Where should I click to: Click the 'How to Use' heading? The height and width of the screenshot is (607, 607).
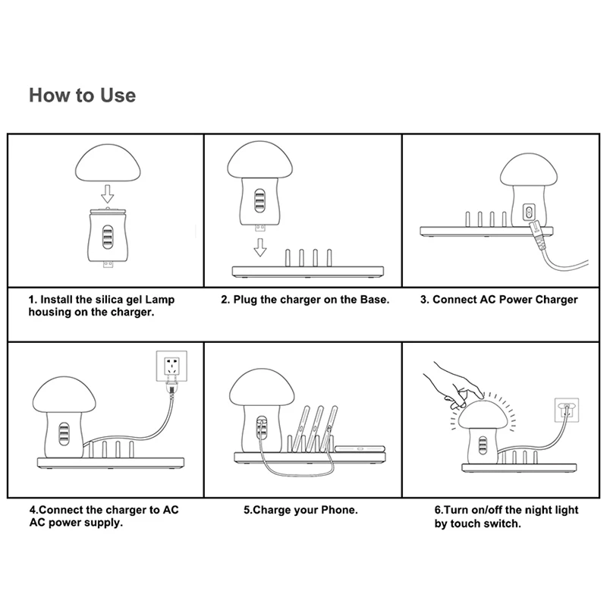point(83,96)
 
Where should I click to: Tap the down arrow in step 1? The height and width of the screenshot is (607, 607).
point(107,193)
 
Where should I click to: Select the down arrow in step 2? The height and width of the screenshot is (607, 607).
point(259,247)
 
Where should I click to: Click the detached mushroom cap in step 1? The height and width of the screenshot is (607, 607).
point(108,162)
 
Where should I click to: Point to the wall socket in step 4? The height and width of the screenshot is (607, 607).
point(171,366)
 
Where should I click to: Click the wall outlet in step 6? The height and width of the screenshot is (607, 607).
point(567,410)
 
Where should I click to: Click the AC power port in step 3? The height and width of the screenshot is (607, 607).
point(528,212)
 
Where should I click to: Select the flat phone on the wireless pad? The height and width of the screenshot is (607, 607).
point(360,448)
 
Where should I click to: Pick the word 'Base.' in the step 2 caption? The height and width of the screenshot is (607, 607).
point(375,300)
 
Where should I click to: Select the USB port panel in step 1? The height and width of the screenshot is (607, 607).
point(108,237)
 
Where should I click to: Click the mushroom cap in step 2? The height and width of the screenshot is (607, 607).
point(259,160)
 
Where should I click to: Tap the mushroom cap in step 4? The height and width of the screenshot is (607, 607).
point(64,395)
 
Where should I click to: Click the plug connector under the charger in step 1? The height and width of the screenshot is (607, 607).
point(108,265)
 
